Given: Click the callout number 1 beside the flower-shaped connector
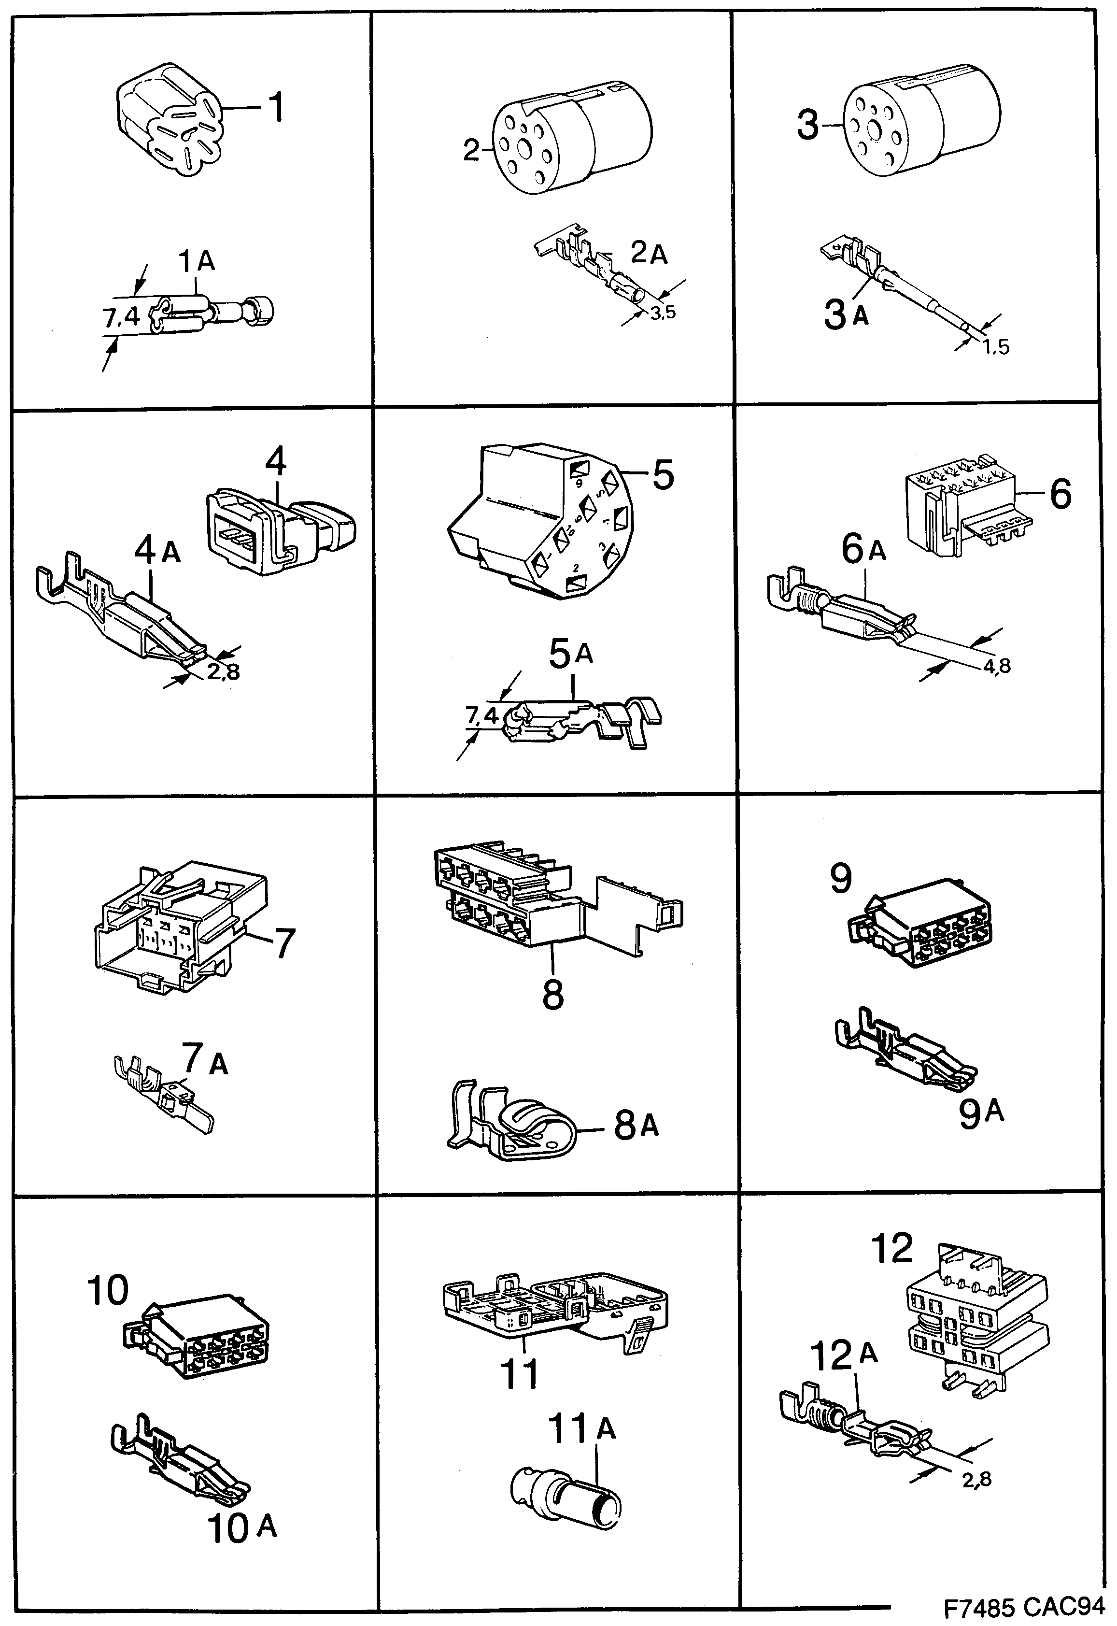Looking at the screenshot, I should pos(276,109).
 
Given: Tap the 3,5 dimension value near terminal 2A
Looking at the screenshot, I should pos(662,313).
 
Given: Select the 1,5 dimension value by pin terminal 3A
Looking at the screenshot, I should pos(994,348).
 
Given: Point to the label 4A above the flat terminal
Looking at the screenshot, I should pos(157,552).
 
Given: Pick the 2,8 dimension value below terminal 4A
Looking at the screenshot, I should pos(223,672).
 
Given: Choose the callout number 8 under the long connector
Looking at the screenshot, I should pos(553,994).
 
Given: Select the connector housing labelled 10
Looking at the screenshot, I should pos(199,1338).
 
